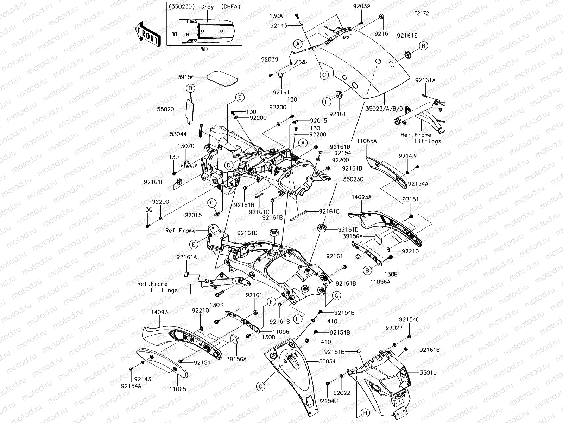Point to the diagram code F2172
[x=422, y=14]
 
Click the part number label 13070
[x=186, y=146]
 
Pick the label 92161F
[x=154, y=182]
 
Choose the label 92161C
[x=259, y=212]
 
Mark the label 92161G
[x=329, y=211]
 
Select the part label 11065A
[x=367, y=141]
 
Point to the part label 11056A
[x=380, y=282]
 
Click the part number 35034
[x=327, y=361]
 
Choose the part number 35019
[x=428, y=372]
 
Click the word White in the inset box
[x=181, y=34]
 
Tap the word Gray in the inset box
[x=207, y=7]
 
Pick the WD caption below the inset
[x=204, y=49]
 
